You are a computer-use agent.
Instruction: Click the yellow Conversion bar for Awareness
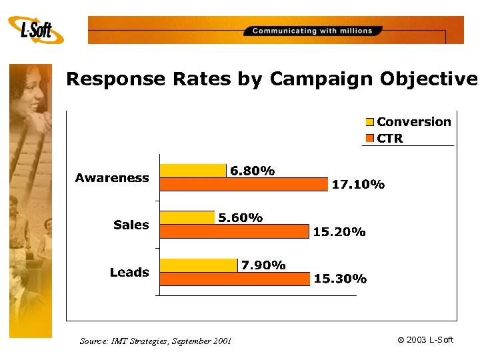(193, 171)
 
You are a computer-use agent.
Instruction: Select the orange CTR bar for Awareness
(244, 185)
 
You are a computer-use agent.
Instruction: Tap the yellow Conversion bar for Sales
(187, 217)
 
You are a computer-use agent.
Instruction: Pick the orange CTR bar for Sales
(235, 231)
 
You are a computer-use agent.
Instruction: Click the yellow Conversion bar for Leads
(199, 265)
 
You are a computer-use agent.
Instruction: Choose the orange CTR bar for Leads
(235, 279)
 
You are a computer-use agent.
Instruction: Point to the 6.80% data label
(253, 171)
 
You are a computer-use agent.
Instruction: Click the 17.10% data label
(358, 185)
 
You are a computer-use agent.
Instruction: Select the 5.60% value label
(241, 218)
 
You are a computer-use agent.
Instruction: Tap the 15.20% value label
(339, 232)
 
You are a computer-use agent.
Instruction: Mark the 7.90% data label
(263, 265)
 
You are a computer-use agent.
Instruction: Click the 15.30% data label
(340, 279)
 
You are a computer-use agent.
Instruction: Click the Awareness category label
(112, 178)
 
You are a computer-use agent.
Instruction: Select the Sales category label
(131, 225)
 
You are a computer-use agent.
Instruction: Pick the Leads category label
(129, 273)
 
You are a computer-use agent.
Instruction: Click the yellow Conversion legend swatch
(370, 122)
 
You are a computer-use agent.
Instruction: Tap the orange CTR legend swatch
(370, 139)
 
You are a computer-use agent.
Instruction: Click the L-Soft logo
(36, 30)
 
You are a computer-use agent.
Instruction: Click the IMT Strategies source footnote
(155, 341)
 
